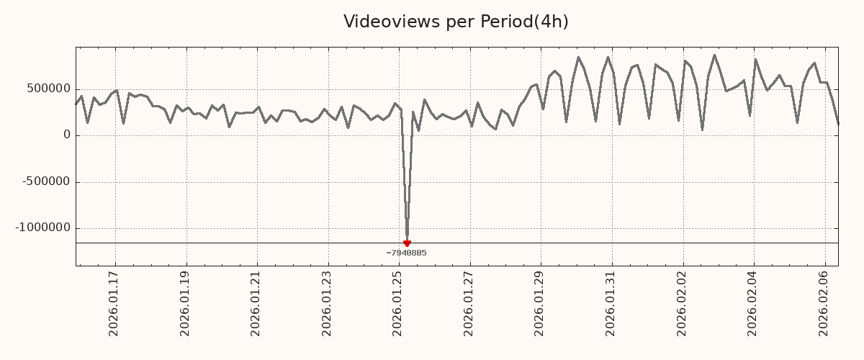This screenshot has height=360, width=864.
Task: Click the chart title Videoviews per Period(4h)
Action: coord(456,22)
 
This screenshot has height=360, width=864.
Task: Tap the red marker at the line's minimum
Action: coord(407,243)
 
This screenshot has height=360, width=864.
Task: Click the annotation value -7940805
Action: coord(406,253)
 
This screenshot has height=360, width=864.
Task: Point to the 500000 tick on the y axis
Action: coord(49,89)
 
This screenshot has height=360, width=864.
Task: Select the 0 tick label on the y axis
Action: coord(67,135)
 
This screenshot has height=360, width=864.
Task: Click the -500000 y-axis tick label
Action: coord(47,181)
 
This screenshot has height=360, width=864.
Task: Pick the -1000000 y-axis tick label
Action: coord(44,228)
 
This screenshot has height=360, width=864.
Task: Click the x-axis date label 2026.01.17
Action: coord(114,303)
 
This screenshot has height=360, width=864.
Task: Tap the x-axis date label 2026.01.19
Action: coord(185,303)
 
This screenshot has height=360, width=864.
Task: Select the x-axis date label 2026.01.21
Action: coord(256,303)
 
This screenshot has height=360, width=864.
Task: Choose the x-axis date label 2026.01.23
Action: coord(328,303)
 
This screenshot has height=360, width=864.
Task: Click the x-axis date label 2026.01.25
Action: coord(398,303)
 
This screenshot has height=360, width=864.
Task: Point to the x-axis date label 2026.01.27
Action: coord(469,303)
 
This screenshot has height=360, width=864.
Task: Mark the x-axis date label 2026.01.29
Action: coord(541,303)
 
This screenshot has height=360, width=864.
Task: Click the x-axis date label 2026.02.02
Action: coord(683,303)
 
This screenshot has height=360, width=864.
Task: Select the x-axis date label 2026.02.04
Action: coord(754,303)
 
